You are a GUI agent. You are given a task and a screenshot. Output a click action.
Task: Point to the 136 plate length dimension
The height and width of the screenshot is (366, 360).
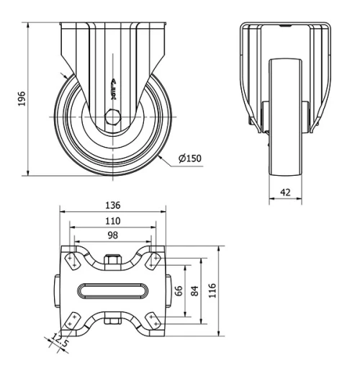112,205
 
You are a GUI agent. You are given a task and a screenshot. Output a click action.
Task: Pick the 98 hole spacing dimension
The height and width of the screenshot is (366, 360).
112,235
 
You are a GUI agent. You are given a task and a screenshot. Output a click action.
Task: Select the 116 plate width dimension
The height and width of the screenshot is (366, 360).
211,290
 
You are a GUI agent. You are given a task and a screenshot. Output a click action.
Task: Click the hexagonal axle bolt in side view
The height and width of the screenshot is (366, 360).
110,117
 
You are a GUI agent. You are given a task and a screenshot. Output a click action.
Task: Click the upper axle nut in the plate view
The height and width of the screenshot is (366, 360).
112,261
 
